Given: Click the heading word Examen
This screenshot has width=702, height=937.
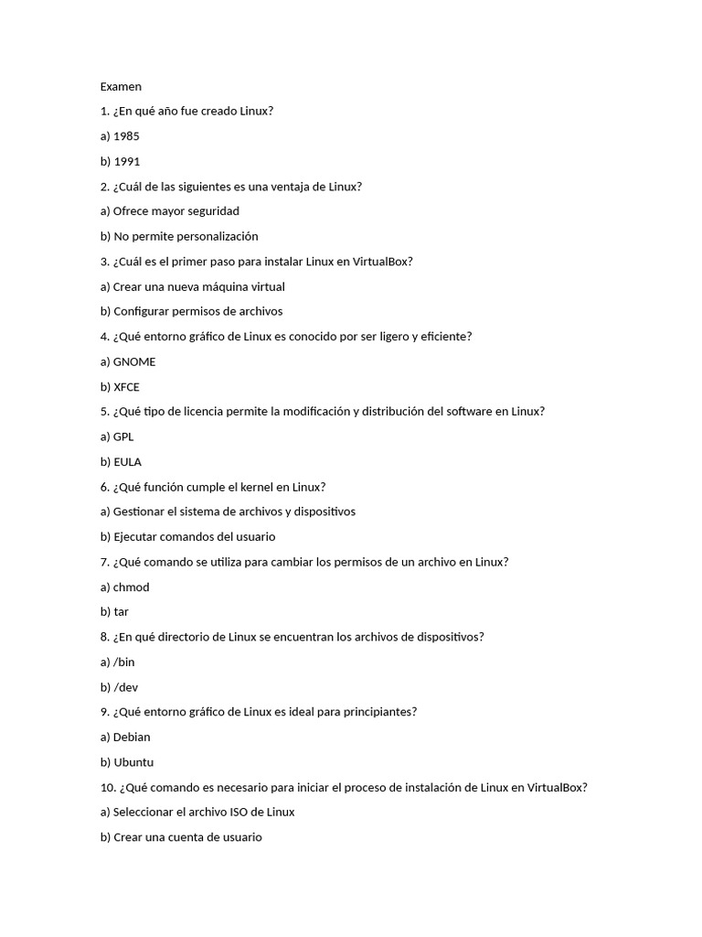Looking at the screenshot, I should pyautogui.click(x=121, y=87).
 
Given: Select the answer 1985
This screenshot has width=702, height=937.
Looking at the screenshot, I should pyautogui.click(x=126, y=136).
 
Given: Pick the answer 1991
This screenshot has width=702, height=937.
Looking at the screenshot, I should pyautogui.click(x=127, y=161).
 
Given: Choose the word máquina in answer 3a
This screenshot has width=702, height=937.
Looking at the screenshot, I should pyautogui.click(x=213, y=286).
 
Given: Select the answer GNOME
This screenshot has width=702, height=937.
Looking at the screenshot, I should pyautogui.click(x=134, y=361).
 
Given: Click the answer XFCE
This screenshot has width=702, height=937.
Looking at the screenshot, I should pyautogui.click(x=127, y=387).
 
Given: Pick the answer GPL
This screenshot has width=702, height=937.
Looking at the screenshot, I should pyautogui.click(x=123, y=436).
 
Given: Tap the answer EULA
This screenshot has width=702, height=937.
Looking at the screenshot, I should pyautogui.click(x=128, y=462).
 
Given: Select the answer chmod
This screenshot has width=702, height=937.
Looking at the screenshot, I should pyautogui.click(x=131, y=587).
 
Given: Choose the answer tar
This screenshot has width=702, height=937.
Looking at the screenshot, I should pyautogui.click(x=122, y=612).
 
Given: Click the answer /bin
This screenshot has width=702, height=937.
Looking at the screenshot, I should pyautogui.click(x=124, y=662).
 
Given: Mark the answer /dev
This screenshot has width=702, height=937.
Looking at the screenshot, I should pyautogui.click(x=126, y=687).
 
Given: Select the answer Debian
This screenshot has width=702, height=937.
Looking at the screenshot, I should pyautogui.click(x=132, y=738).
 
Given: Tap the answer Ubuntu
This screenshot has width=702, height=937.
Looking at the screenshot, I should pyautogui.click(x=133, y=762).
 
